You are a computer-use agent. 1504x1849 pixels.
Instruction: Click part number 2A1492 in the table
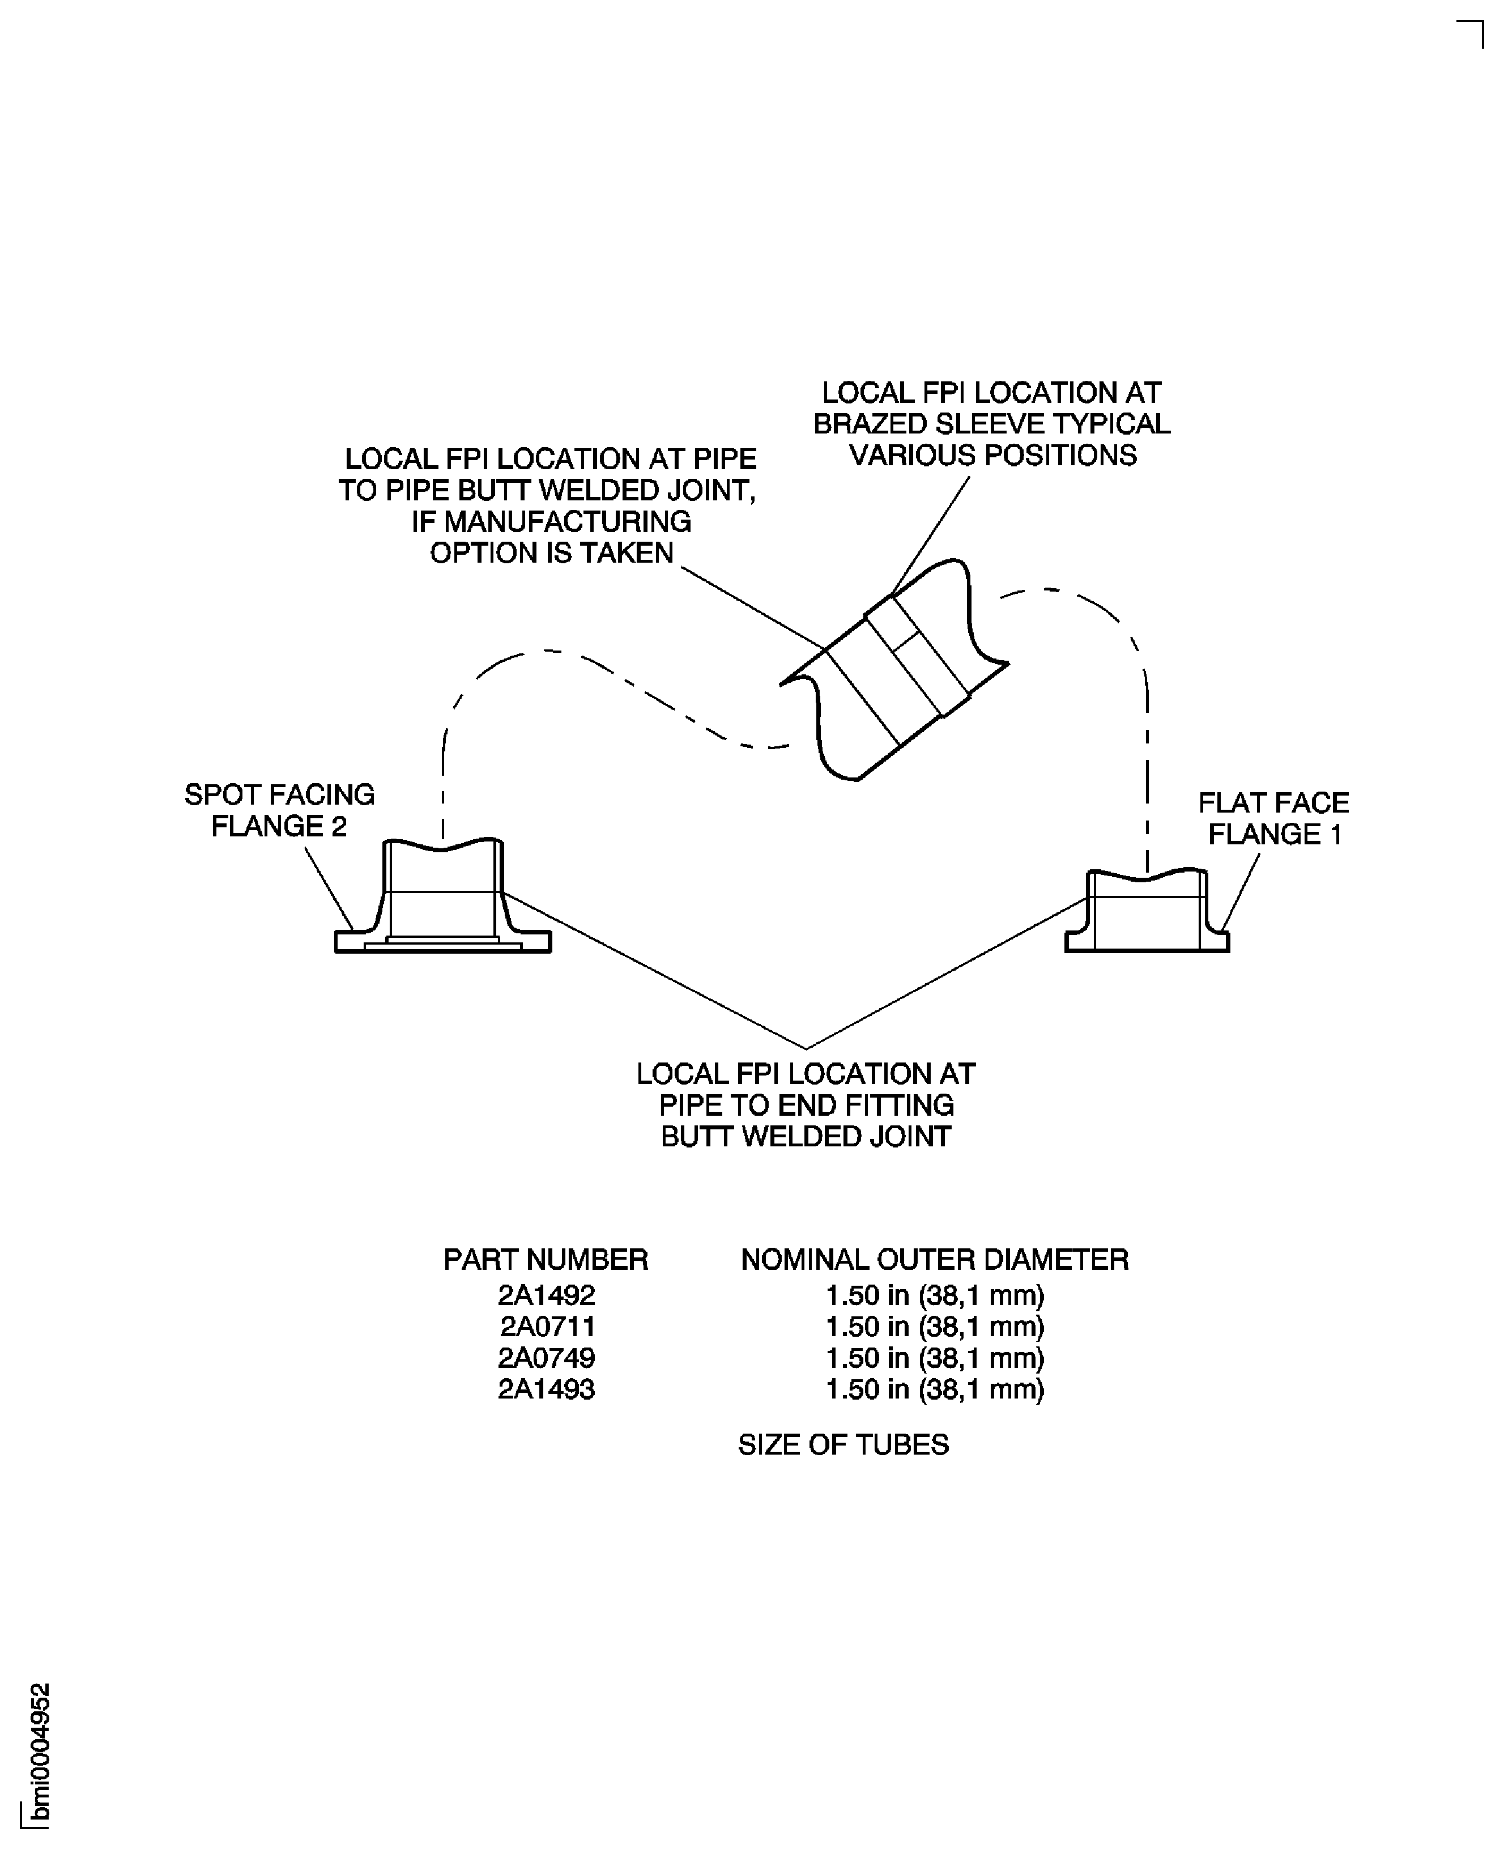pyautogui.click(x=546, y=1295)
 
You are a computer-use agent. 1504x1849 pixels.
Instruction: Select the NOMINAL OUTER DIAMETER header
pyautogui.click(x=934, y=1260)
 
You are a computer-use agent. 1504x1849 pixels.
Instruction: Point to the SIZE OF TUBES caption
pyautogui.click(x=843, y=1444)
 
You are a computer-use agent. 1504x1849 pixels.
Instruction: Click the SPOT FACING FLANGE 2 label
pyautogui.click(x=279, y=810)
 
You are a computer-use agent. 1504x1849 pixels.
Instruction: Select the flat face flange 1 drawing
pyautogui.click(x=1146, y=914)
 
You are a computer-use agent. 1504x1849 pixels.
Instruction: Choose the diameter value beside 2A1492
pyautogui.click(x=934, y=1295)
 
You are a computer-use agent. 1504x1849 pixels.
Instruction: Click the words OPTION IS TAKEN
pyautogui.click(x=551, y=553)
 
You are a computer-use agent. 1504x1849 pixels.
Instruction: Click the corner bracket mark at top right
pyautogui.click(x=1472, y=33)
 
